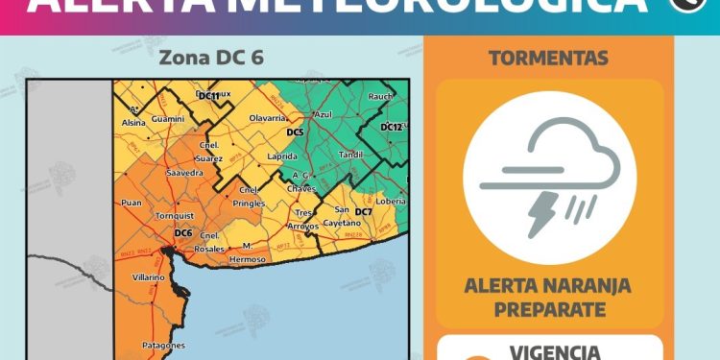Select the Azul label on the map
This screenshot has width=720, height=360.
tap(323, 113)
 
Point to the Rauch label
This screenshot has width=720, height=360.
tap(381, 96)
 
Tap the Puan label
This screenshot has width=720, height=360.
tap(131, 203)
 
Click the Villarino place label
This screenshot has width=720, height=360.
tap(150, 277)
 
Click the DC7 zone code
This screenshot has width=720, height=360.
tap(363, 211)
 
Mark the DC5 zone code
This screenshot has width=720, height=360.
tap(295, 132)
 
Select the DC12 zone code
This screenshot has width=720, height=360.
tap(391, 127)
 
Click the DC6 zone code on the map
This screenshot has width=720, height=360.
tap(183, 233)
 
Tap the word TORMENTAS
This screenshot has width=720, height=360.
tap(548, 59)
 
